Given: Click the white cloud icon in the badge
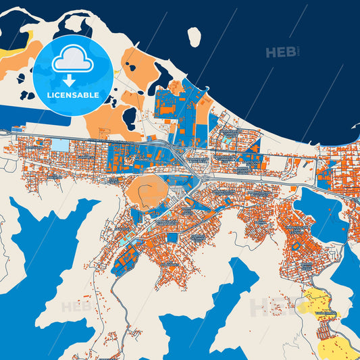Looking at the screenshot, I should click(74, 60).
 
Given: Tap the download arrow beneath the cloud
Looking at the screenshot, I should click(74, 79).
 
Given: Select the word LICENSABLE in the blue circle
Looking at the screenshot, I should click(73, 95).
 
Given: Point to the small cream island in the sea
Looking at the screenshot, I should click(195, 36).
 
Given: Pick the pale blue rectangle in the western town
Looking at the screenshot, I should click(60, 145).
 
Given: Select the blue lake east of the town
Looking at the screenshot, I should click(320, 213).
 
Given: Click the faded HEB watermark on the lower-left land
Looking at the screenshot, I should click(76, 307).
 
